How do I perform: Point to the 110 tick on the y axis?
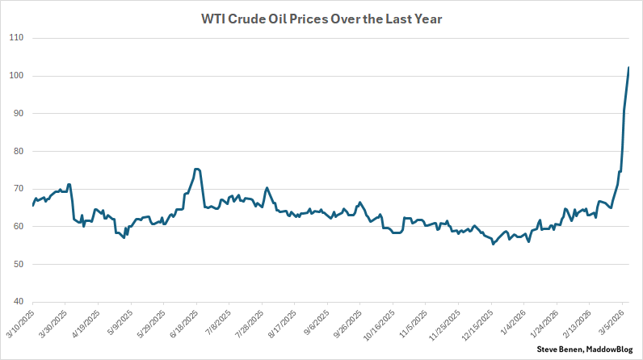point(15,38)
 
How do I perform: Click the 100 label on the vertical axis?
point(15,76)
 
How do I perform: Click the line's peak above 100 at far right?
point(628,68)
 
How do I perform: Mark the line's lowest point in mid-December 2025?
point(493,244)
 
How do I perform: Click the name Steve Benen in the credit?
point(558,349)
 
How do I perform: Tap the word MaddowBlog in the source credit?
point(610,349)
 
